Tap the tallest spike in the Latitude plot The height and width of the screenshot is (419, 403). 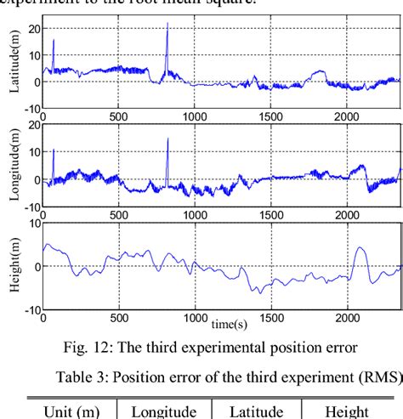coord(167,24)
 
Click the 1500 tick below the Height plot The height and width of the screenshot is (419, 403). coord(271,318)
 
